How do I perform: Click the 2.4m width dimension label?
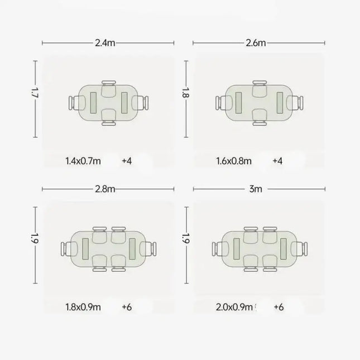(x=105, y=43)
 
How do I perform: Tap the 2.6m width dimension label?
(x=256, y=43)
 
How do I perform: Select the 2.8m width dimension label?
(x=105, y=189)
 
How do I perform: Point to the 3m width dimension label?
(x=256, y=189)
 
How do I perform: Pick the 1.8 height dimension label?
(x=186, y=93)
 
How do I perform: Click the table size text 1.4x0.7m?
(x=83, y=161)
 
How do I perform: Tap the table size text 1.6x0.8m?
(x=234, y=161)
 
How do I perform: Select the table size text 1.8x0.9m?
(x=83, y=307)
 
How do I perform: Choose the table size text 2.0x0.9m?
(x=234, y=307)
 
